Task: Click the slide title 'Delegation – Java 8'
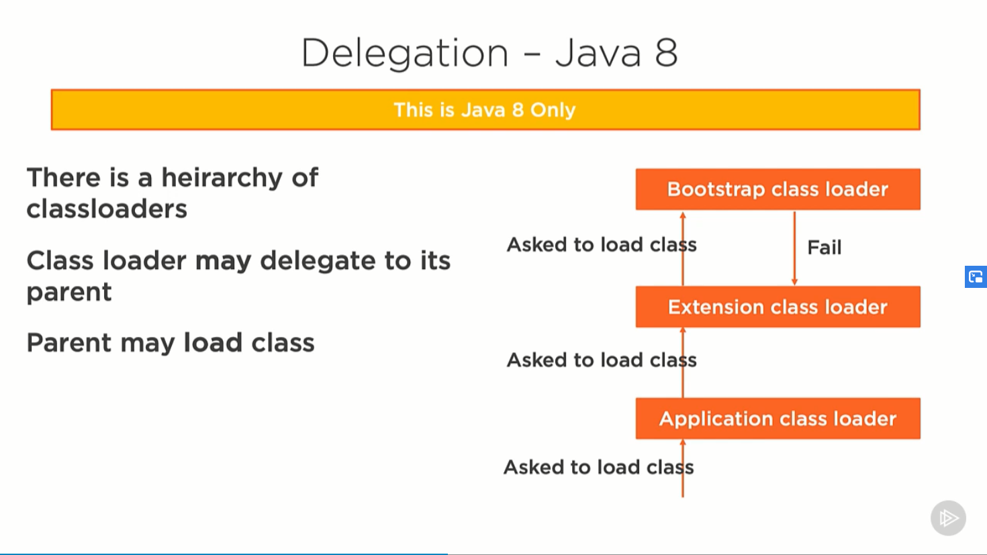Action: point(489,53)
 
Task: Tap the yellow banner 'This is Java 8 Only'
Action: point(485,109)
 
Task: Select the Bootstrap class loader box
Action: point(778,189)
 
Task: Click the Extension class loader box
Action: point(778,307)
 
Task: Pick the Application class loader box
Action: point(778,418)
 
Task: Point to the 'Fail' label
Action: point(824,248)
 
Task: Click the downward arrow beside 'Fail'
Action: point(794,248)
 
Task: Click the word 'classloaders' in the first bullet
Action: point(107,209)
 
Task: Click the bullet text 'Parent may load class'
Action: point(171,343)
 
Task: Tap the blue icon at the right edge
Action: point(976,276)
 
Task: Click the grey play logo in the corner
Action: point(948,518)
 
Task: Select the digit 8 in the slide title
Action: point(666,53)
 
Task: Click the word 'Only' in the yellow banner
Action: point(553,109)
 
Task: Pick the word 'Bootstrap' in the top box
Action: point(716,189)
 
